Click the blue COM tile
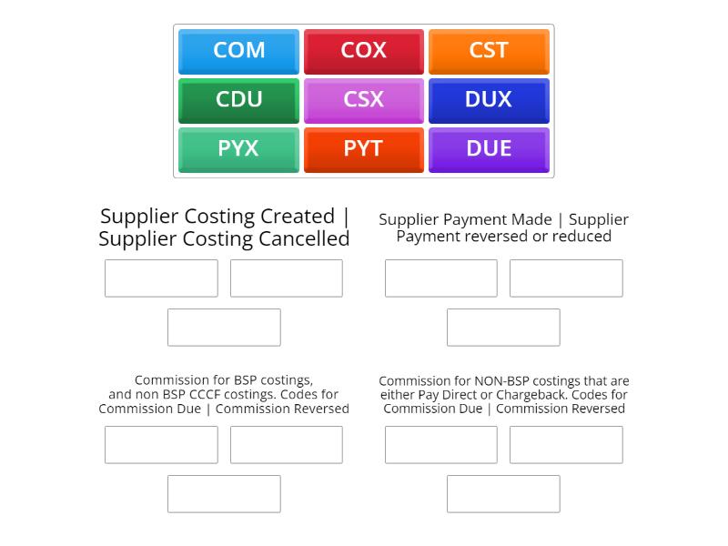(238, 51)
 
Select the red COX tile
(363, 51)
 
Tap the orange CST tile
(489, 51)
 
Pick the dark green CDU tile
(238, 100)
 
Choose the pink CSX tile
(363, 100)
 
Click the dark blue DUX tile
(489, 100)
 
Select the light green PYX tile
(238, 149)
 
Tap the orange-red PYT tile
(363, 149)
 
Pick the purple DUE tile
(489, 149)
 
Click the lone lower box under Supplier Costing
(224, 328)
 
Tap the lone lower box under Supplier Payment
(503, 328)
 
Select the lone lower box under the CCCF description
(224, 494)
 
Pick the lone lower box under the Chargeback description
(503, 494)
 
